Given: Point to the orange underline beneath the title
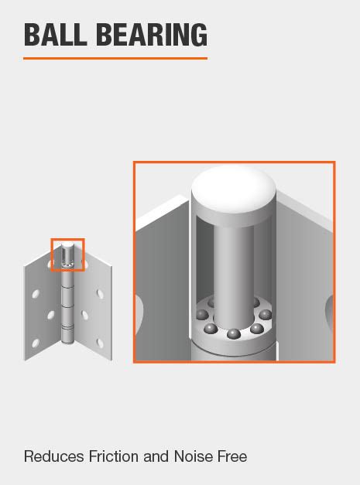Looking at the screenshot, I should pyautogui.click(x=115, y=58).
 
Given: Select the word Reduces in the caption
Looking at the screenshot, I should pyautogui.click(x=53, y=456).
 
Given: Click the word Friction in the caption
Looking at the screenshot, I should pyautogui.click(x=113, y=456).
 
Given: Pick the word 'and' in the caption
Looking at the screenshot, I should pyautogui.click(x=156, y=456).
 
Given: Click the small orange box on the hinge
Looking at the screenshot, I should pyautogui.click(x=68, y=254).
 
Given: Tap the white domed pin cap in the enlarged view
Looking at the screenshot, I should pyautogui.click(x=234, y=188).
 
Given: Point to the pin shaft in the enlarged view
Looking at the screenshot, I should pyautogui.click(x=234, y=263).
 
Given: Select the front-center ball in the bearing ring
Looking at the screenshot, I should pyautogui.click(x=233, y=334).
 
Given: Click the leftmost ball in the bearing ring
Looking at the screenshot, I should pyautogui.click(x=202, y=315).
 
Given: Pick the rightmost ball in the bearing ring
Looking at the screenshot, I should pyautogui.click(x=266, y=315).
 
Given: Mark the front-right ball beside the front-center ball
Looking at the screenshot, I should pyautogui.click(x=256, y=329).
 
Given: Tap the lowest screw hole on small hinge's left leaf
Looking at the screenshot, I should pyautogui.click(x=35, y=343).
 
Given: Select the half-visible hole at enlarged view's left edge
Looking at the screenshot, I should pyautogui.click(x=139, y=309).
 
